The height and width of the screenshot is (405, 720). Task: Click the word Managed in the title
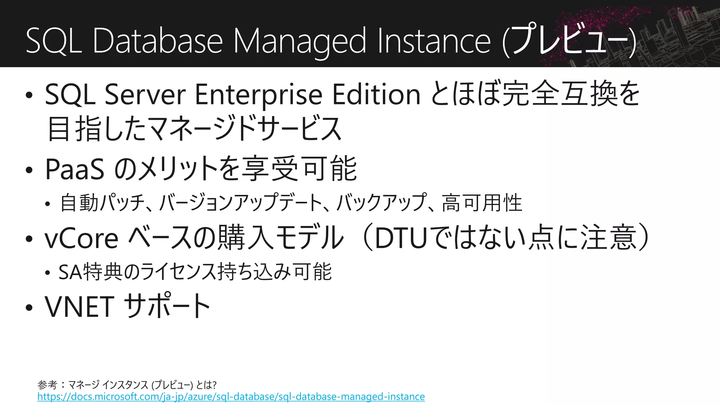(x=300, y=41)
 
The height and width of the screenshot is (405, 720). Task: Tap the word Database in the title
(x=158, y=41)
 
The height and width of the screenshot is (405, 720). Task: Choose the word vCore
(x=82, y=239)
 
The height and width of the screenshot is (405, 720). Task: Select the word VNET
(x=79, y=307)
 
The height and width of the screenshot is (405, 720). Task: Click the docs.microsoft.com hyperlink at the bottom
(x=231, y=397)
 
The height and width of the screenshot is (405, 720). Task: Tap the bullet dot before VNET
(x=29, y=308)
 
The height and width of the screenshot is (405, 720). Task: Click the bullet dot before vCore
(x=29, y=239)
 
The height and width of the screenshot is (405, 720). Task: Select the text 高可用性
(x=482, y=203)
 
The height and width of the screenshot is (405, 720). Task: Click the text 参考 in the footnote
(x=47, y=385)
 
